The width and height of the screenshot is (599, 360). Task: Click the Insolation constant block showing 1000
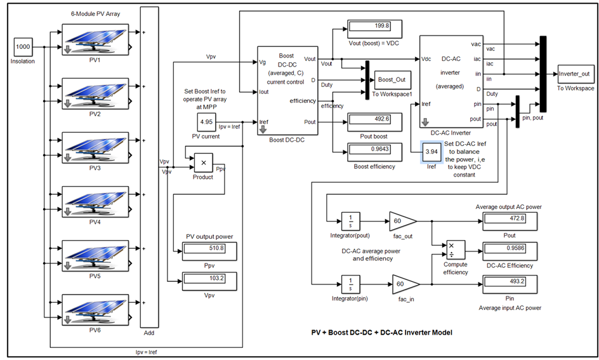23,47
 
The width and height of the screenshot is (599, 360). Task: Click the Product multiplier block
203,164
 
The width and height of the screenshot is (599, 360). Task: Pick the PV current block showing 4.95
206,121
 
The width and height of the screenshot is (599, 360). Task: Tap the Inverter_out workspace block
576,74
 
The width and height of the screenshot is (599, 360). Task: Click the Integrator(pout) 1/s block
350,220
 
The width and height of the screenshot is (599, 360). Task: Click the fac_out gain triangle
402,220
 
